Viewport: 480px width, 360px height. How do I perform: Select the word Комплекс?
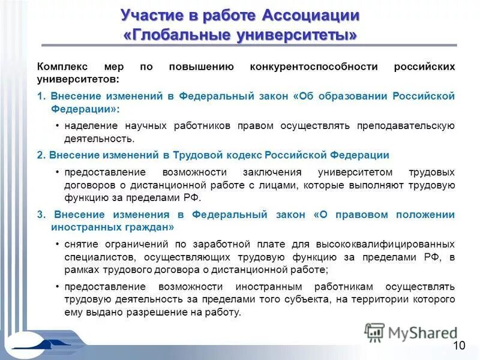click(x=62, y=66)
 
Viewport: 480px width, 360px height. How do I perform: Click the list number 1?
click(x=40, y=96)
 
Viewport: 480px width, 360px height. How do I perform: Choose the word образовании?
click(x=352, y=96)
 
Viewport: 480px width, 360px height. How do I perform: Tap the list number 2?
click(x=40, y=155)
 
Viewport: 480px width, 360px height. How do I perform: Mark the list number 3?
click(x=40, y=214)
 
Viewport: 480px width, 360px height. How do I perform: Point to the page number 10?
click(x=459, y=345)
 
